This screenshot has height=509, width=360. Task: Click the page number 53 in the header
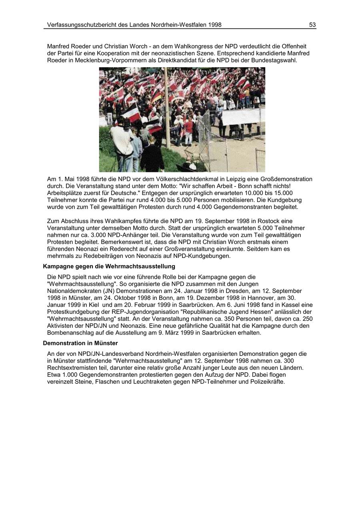(312, 25)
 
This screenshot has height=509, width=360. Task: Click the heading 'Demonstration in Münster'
(80, 343)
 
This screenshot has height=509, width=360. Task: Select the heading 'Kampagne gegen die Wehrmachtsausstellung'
(109, 266)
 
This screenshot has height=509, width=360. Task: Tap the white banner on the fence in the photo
(241, 117)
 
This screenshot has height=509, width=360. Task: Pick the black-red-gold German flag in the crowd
(156, 96)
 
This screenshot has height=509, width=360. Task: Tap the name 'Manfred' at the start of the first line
(58, 46)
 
